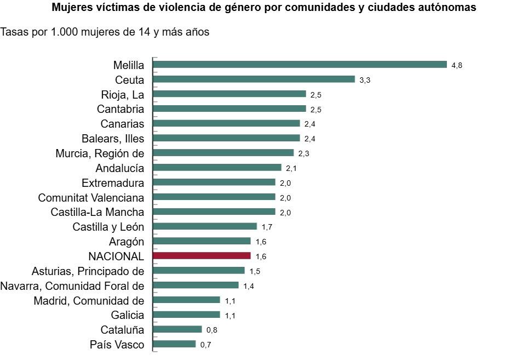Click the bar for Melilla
[300, 65]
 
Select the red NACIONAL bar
[202, 256]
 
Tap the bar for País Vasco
[174, 344]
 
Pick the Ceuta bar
[254, 79]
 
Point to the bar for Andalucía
[217, 168]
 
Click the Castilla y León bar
[205, 226]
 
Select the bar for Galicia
[186, 315]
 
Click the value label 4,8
[457, 65]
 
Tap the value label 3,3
[365, 80]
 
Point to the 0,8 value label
[211, 330]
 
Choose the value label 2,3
[303, 153]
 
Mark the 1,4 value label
[248, 285]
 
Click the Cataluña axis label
[122, 330]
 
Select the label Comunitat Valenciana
[91, 197]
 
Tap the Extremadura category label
[113, 182]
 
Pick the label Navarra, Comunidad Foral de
[72, 285]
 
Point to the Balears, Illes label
[113, 138]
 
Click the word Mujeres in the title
[71, 8]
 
